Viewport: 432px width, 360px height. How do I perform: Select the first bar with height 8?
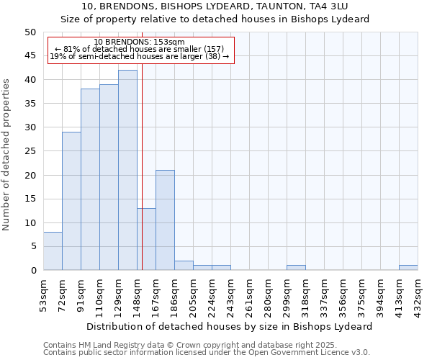[x=53, y=251]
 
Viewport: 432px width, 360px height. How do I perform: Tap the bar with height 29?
[x=71, y=201]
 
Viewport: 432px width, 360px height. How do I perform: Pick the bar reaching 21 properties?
[x=165, y=220]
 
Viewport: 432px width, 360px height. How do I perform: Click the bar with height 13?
[x=147, y=239]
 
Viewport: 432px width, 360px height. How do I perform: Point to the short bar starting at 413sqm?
[x=408, y=268]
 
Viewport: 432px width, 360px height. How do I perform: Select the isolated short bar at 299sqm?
[x=296, y=268]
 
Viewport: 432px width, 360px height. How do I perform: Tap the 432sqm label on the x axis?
[x=418, y=294]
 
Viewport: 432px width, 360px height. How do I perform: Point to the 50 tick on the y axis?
[x=30, y=32]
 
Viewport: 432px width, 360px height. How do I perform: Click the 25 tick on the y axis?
[x=30, y=151]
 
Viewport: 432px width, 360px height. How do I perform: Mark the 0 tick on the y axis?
[x=32, y=271]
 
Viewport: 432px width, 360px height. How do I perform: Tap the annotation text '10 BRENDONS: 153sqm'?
[x=140, y=42]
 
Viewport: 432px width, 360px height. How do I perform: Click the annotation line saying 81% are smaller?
[x=140, y=49]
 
